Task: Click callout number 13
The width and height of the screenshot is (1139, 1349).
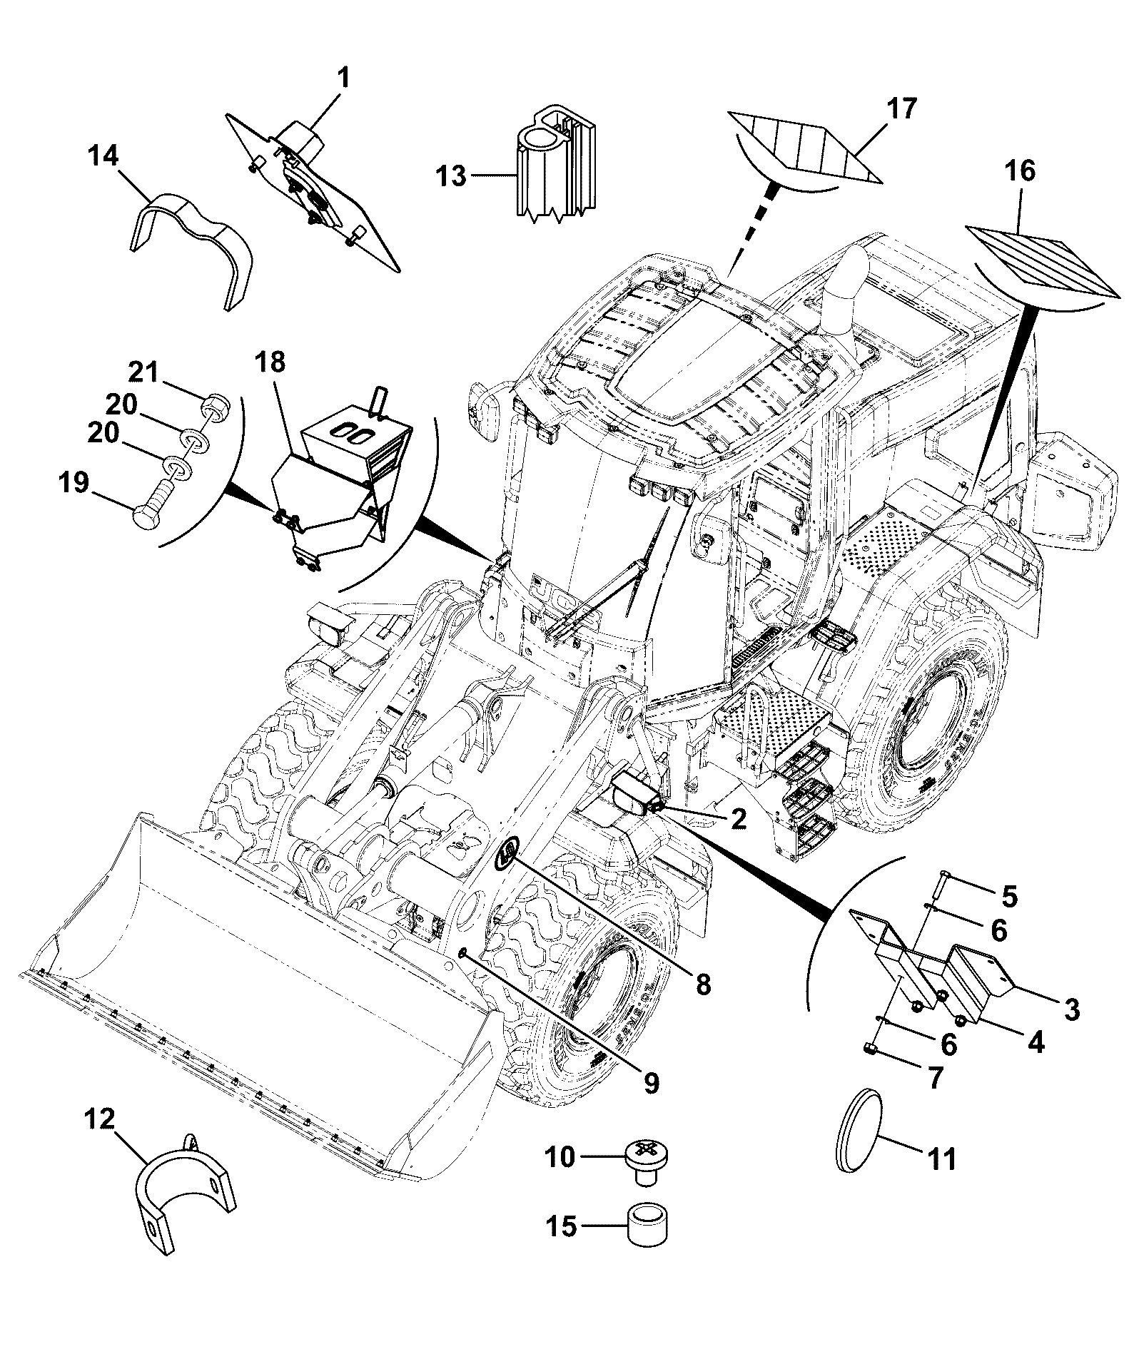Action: click(452, 175)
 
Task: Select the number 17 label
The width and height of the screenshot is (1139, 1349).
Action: click(900, 110)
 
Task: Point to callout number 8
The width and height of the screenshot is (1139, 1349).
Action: click(703, 985)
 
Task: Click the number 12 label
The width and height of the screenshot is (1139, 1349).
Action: click(100, 1119)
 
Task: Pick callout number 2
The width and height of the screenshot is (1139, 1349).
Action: click(738, 820)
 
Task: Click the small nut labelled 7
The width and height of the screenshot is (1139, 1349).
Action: click(869, 1048)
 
